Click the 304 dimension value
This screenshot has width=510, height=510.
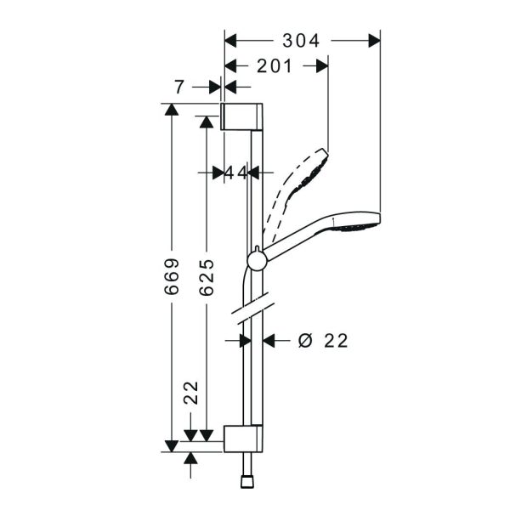(x=301, y=41)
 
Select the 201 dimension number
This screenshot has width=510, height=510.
(x=275, y=66)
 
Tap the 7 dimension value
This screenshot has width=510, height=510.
(x=179, y=88)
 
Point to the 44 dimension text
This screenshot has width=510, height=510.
(x=236, y=173)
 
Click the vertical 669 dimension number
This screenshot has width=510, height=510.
(x=172, y=277)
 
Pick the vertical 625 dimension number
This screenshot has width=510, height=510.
(x=207, y=277)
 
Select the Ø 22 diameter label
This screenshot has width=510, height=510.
(x=323, y=341)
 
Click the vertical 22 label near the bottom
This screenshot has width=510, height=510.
(x=191, y=393)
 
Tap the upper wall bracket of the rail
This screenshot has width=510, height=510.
(x=241, y=116)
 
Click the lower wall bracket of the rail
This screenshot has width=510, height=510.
(x=243, y=439)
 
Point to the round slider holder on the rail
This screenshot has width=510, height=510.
(x=257, y=261)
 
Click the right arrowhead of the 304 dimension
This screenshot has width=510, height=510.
(x=374, y=41)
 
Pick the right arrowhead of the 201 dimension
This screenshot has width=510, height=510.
(x=322, y=66)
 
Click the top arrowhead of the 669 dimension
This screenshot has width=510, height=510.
(x=172, y=110)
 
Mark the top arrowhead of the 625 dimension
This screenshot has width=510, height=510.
(x=207, y=122)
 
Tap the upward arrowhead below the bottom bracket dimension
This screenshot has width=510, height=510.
(x=190, y=458)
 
